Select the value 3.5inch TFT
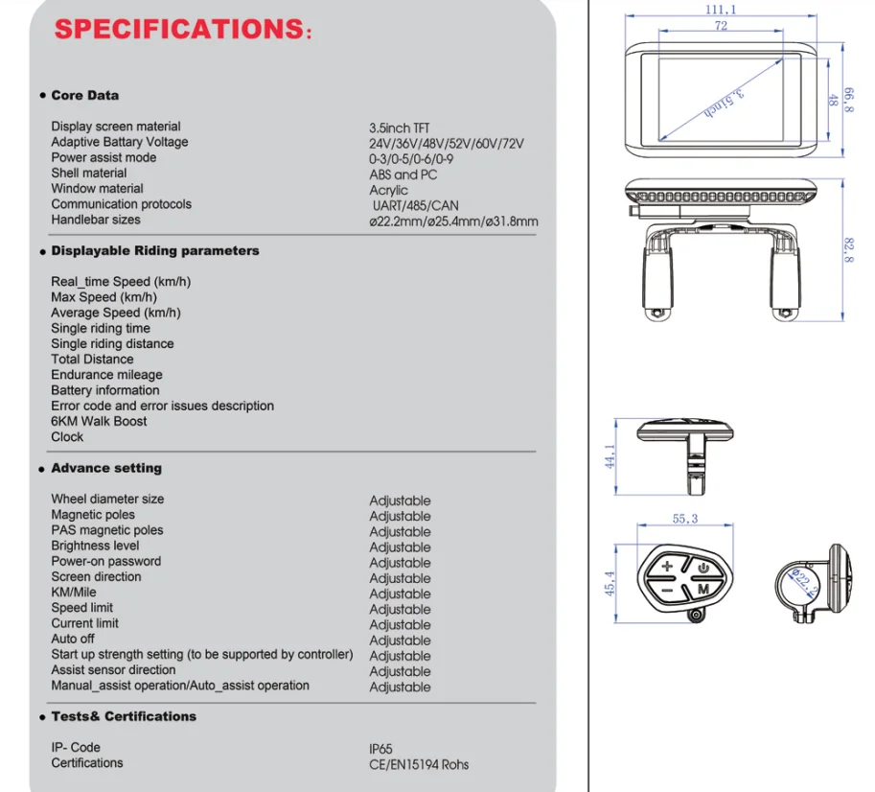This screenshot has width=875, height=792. point(400,128)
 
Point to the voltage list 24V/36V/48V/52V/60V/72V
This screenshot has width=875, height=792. point(447,143)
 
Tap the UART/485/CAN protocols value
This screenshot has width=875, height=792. point(415,205)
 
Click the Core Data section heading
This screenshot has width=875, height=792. point(85,96)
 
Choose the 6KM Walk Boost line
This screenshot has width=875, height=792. point(99,421)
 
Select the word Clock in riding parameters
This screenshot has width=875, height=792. point(67,436)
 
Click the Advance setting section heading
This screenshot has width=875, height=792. point(106,468)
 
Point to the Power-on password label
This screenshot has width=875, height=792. point(105,561)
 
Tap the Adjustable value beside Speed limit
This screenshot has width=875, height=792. point(400,609)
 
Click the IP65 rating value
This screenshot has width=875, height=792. point(380,749)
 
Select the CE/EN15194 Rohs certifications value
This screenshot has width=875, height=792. point(419,764)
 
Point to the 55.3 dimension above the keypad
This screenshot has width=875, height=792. point(684,519)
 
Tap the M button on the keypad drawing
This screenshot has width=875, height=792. point(702,588)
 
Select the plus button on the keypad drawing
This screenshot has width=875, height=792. point(667,567)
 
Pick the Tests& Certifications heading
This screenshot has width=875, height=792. point(123,716)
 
